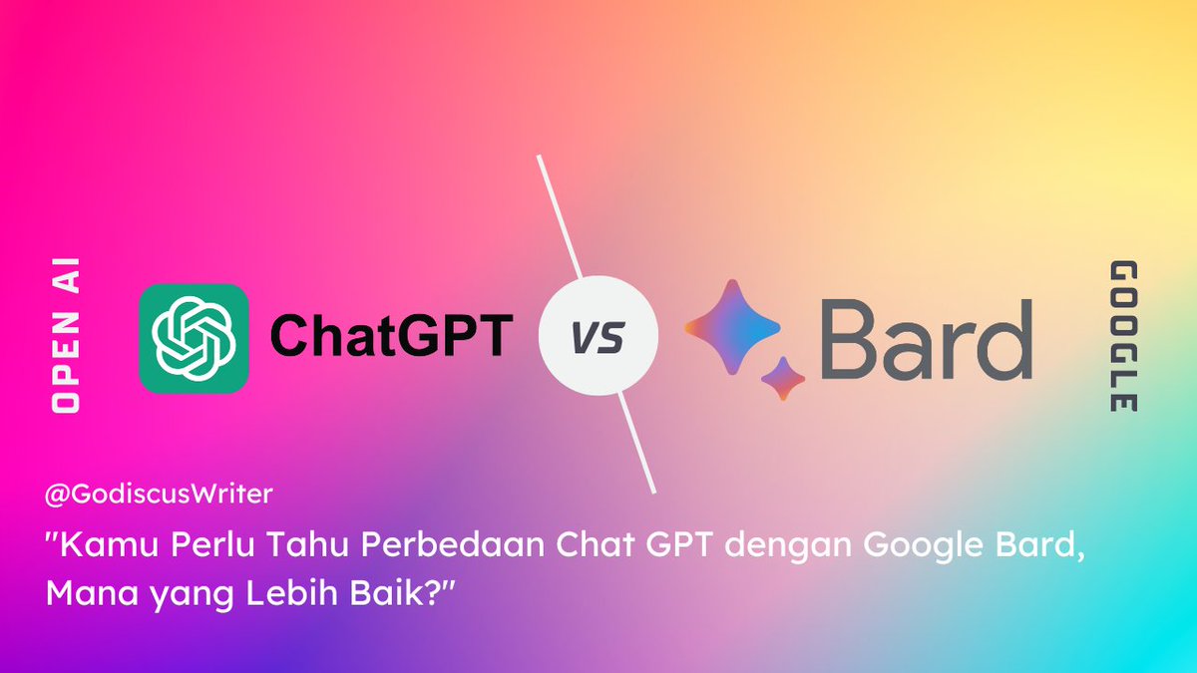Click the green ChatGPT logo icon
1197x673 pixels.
pyautogui.click(x=194, y=337)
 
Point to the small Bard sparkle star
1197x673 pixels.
pyautogui.click(x=783, y=378)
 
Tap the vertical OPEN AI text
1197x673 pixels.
pyautogui.click(x=68, y=337)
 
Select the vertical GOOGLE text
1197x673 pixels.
pyautogui.click(x=1124, y=337)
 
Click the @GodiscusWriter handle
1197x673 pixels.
pyautogui.click(x=160, y=493)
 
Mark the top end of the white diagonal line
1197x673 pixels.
pyautogui.click(x=539, y=157)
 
